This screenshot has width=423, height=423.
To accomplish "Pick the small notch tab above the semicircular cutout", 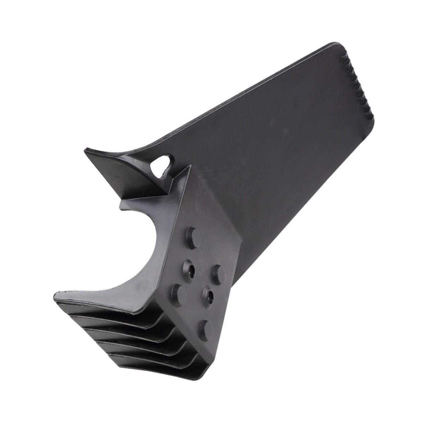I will (x=124, y=204).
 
